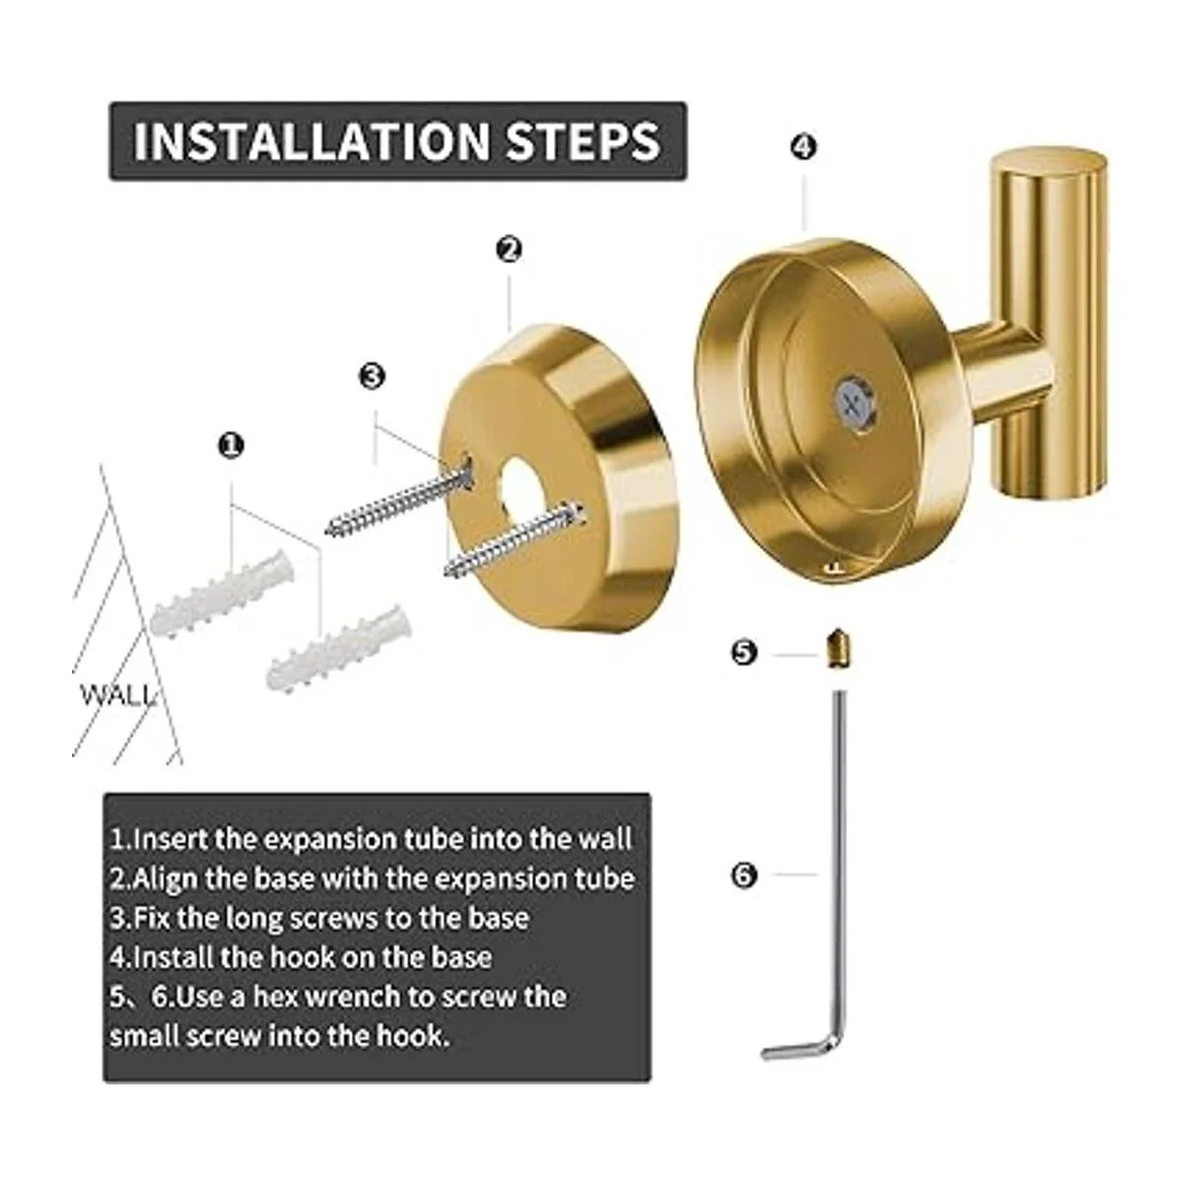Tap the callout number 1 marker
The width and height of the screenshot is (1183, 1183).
click(232, 446)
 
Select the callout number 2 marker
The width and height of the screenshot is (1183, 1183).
click(509, 249)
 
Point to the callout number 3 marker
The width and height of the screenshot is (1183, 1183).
click(373, 376)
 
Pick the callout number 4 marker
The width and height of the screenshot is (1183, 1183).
click(803, 147)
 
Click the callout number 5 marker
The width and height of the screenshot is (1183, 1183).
click(743, 652)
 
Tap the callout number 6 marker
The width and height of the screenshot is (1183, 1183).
click(743, 874)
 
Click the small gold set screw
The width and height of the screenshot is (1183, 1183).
click(837, 650)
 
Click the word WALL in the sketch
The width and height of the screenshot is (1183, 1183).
click(116, 695)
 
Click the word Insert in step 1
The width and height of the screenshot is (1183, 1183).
click(170, 839)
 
